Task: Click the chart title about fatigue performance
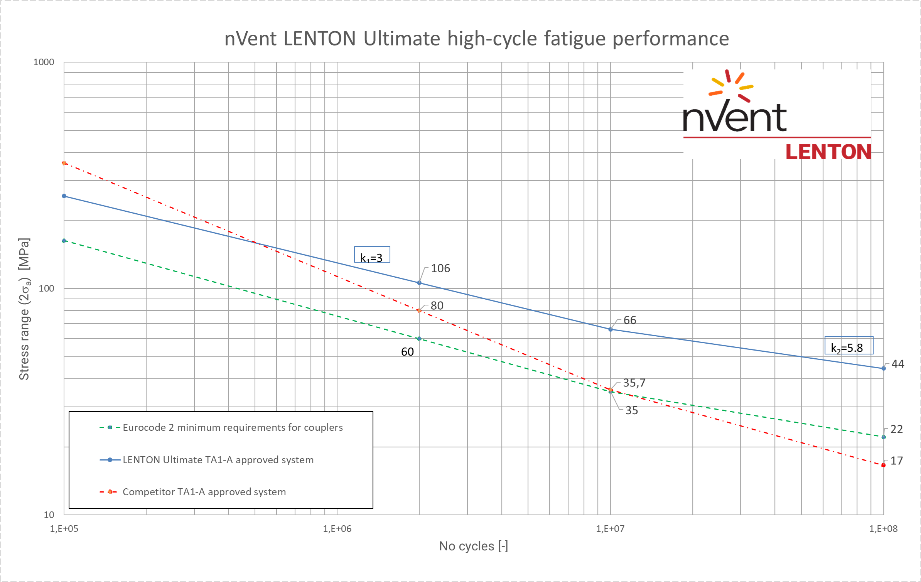[477, 39]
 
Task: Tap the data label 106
[440, 268]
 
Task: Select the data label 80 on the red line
[437, 305]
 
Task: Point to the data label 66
[629, 320]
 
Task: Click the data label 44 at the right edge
[897, 364]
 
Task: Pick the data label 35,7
[634, 383]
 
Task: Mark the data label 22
[896, 429]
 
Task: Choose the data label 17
[896, 461]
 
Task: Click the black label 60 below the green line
[407, 352]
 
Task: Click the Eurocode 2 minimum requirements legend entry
[232, 427]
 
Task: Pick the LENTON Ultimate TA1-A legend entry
[218, 460]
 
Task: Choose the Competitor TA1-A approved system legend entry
[204, 492]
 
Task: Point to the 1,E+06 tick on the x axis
[337, 529]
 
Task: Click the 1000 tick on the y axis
[44, 62]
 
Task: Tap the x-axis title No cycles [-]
[473, 546]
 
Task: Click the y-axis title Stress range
[24, 309]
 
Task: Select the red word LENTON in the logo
[828, 152]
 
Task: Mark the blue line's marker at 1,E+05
[64, 196]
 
